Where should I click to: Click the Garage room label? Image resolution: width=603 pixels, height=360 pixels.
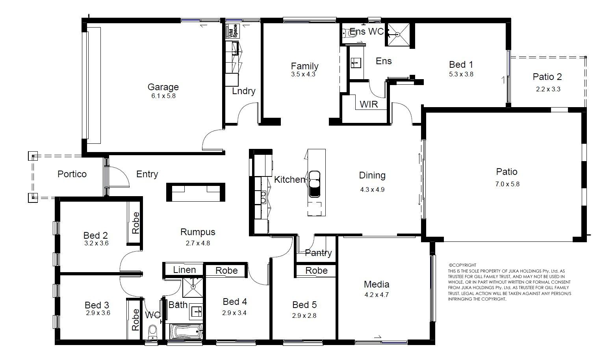[163, 87]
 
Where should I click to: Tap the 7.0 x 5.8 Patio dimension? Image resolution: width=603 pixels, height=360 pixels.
[507, 184]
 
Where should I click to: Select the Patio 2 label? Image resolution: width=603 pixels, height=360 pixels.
[547, 77]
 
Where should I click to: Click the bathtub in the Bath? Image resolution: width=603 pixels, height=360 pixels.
[187, 332]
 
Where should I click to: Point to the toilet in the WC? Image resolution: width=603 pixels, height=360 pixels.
[153, 332]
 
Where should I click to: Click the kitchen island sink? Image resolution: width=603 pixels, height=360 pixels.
[314, 184]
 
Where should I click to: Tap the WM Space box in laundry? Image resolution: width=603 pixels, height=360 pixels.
[232, 31]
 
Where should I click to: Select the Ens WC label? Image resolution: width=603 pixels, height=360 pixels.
[367, 32]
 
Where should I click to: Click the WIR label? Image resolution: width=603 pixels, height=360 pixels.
[369, 104]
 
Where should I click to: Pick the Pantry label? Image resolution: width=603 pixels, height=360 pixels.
[318, 253]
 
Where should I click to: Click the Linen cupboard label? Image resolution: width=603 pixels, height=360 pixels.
[184, 270]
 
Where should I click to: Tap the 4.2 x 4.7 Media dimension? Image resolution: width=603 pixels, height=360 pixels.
[377, 295]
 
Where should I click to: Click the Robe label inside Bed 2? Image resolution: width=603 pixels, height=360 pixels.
[135, 223]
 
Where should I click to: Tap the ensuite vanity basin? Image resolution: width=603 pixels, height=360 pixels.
[356, 63]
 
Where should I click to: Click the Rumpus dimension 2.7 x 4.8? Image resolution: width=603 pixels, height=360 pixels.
[198, 243]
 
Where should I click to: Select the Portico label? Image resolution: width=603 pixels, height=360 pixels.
[72, 174]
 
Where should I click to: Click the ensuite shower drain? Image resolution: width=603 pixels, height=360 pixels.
[397, 35]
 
